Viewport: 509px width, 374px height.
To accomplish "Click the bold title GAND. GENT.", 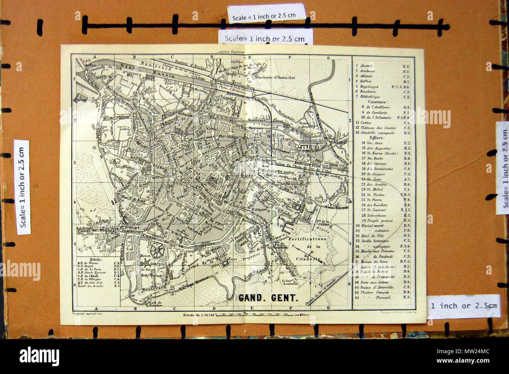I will coord(269,298).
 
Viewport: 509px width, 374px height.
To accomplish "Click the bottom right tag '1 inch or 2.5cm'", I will coord(463,306).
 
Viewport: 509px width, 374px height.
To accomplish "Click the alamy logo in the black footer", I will coord(39,356).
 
